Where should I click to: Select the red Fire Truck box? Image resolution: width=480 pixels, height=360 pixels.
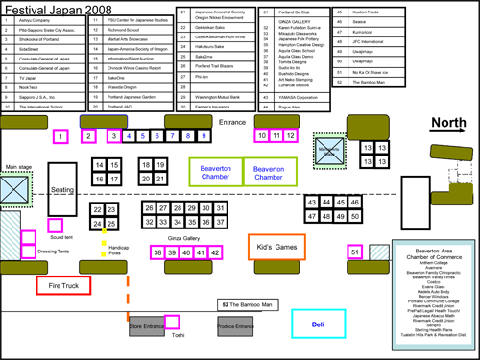[63, 284]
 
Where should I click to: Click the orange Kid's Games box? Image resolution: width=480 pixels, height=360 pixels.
[277, 246]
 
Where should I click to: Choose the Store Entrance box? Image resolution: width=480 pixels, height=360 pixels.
[149, 328]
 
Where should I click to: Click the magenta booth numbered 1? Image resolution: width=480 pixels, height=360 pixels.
[61, 137]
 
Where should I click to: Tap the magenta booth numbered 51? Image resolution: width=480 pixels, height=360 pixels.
[354, 252]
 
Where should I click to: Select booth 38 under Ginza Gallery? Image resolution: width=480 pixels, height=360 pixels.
[158, 252]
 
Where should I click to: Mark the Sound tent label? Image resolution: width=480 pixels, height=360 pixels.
[61, 236]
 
